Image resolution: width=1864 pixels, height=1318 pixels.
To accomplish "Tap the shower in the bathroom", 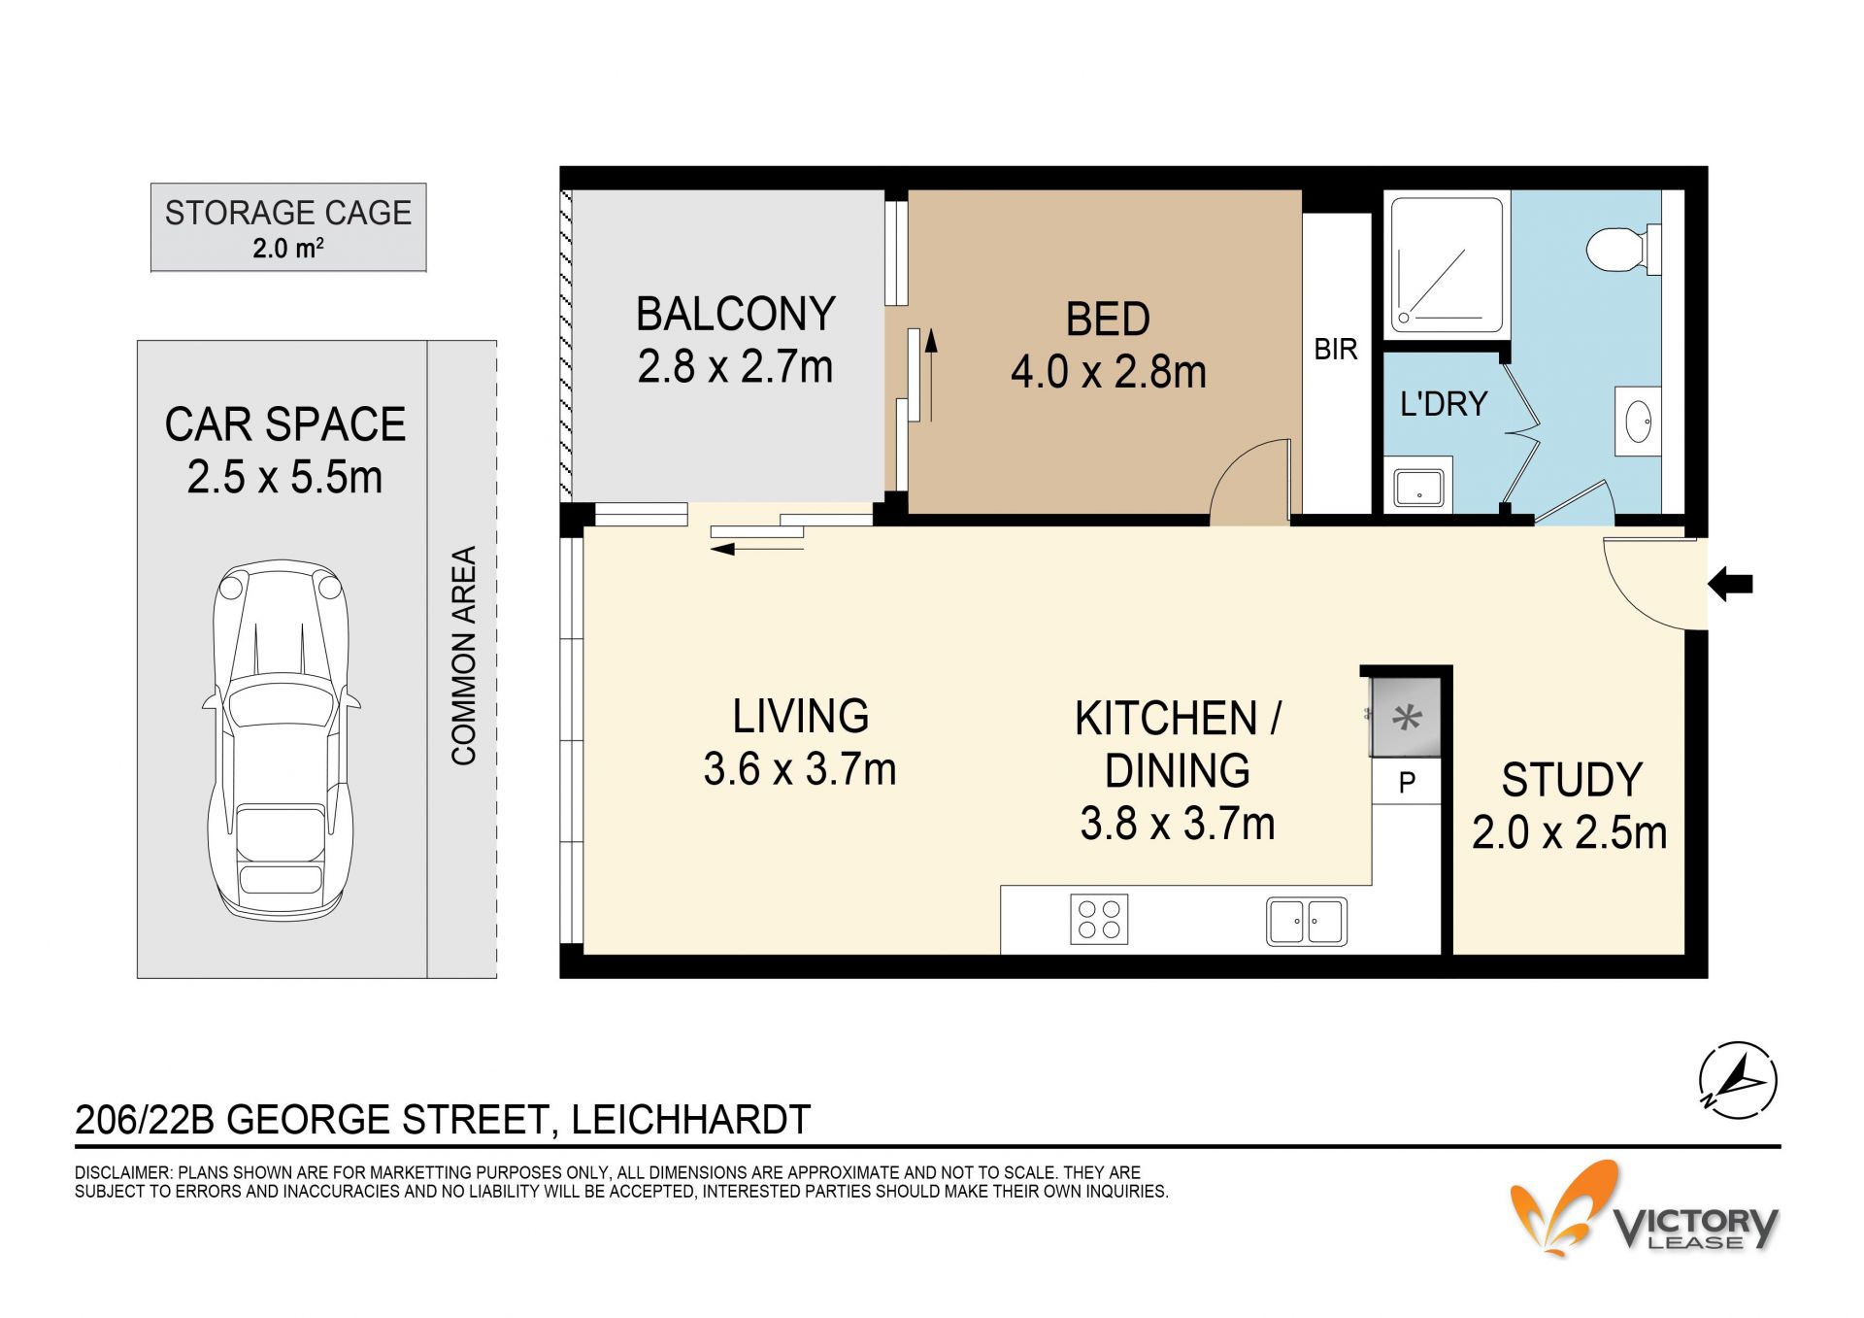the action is click(x=1447, y=263).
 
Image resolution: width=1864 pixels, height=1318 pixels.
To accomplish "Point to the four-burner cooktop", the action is click(x=1099, y=919).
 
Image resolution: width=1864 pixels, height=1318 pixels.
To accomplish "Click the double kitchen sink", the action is click(x=1307, y=922).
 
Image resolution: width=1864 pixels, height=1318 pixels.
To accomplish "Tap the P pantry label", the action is click(x=1407, y=782).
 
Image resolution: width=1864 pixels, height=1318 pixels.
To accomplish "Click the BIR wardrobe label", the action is click(x=1336, y=350).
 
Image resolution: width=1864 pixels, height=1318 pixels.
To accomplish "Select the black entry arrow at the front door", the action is click(x=1730, y=585).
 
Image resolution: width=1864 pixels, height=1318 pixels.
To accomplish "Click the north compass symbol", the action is click(x=1738, y=1080).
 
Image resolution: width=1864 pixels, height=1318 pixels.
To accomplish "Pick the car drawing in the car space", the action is click(x=281, y=739).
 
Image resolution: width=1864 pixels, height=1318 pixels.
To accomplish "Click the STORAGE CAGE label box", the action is click(x=288, y=227).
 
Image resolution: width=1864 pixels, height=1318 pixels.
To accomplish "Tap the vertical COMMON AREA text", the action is click(x=464, y=656).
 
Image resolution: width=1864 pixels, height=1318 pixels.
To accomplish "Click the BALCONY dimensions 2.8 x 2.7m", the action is click(x=735, y=367).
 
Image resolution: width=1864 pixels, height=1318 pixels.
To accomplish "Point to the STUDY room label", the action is click(x=1572, y=780).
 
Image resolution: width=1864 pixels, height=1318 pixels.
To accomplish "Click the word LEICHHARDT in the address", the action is click(x=690, y=1120).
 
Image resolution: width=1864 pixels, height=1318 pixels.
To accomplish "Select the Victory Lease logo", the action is click(x=1645, y=1209).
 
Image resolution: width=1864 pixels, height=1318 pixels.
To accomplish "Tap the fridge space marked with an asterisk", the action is click(x=1406, y=718).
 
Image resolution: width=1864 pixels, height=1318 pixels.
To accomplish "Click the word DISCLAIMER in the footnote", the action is click(x=122, y=1173).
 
